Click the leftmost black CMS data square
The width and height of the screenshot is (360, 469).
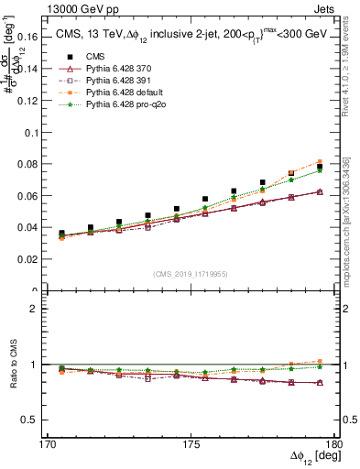point(61,234)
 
